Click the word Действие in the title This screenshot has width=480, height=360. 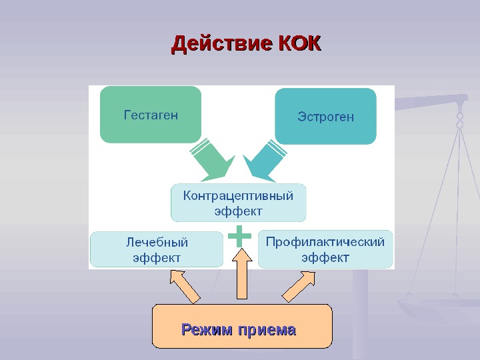point(221,45)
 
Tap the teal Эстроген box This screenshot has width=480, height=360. point(325,117)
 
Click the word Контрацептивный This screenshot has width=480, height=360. point(238,196)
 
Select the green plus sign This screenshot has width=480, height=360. point(240,236)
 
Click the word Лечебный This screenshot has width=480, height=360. point(157,242)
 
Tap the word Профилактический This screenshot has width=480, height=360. point(325,242)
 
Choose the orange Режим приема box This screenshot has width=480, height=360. point(241,327)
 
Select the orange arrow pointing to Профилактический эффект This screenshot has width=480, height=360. point(298,285)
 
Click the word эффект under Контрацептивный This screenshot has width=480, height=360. point(238,211)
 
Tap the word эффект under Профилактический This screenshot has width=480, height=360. point(325,257)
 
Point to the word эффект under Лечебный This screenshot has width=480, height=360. point(157,257)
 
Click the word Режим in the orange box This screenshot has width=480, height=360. point(207,330)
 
